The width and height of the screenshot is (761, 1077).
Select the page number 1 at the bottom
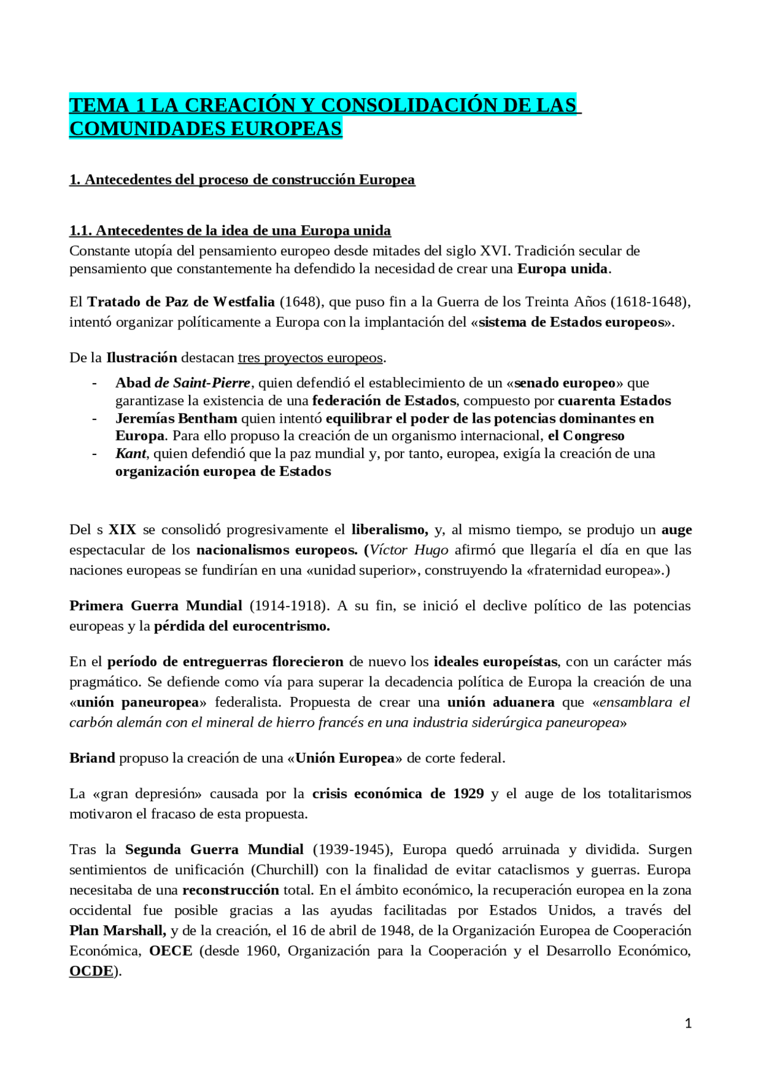(x=688, y=1023)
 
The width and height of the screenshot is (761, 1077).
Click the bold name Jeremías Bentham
(x=176, y=419)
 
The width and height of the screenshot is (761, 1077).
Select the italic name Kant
(x=130, y=454)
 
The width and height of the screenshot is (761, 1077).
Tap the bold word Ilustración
(x=141, y=358)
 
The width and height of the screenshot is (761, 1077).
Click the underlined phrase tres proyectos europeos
(x=310, y=358)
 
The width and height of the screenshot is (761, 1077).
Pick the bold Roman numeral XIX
(x=122, y=530)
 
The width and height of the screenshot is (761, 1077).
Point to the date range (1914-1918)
(x=289, y=606)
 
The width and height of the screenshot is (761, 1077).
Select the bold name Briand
(x=92, y=758)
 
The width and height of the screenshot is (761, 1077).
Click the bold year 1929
(x=468, y=794)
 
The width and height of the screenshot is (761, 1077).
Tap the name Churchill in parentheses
(x=284, y=870)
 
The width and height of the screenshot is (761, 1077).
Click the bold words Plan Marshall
(x=117, y=931)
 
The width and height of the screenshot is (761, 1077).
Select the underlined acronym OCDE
(x=91, y=971)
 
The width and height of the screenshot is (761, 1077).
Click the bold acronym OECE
(x=171, y=951)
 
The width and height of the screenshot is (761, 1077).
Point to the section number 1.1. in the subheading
(x=81, y=231)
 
